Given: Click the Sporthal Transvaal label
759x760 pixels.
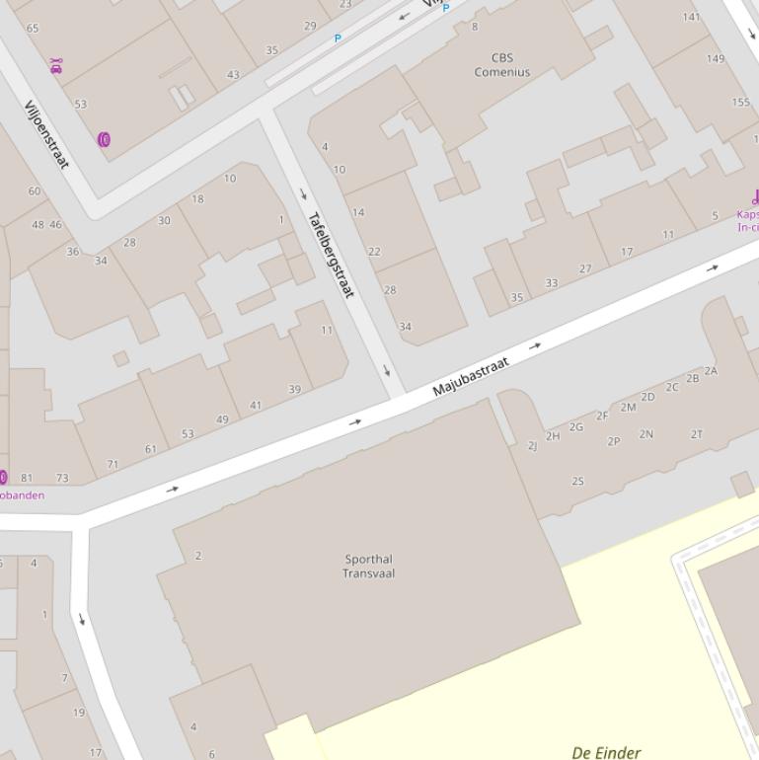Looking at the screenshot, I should tap(368, 566).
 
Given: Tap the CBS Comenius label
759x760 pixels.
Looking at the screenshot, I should tap(501, 65).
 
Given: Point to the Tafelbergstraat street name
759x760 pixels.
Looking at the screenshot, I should tap(330, 255).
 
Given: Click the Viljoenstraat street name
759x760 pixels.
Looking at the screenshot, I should tap(46, 134).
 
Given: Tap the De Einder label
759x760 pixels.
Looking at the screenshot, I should tap(606, 752).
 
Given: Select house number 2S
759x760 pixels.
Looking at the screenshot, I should tap(577, 482).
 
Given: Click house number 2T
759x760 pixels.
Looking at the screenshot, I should tap(697, 434).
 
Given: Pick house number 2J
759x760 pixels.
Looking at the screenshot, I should tap(533, 446).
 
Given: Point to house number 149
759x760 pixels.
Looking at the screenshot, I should tap(716, 58).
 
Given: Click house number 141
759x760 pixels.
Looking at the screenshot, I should tap(691, 17).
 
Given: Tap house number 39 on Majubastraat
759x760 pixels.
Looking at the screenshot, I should tap(294, 390).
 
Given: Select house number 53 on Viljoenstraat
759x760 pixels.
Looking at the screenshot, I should tap(80, 104).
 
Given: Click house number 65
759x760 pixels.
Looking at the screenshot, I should tap(33, 29).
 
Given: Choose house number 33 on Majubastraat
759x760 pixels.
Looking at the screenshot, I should tap(551, 283).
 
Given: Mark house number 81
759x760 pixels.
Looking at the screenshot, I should tap(27, 479).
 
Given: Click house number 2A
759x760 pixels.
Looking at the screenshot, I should tap(711, 371).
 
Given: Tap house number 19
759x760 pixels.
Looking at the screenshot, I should tap(79, 713).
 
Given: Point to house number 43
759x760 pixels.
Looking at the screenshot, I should tap(233, 75).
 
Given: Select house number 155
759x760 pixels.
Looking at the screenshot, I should tap(740, 103).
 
